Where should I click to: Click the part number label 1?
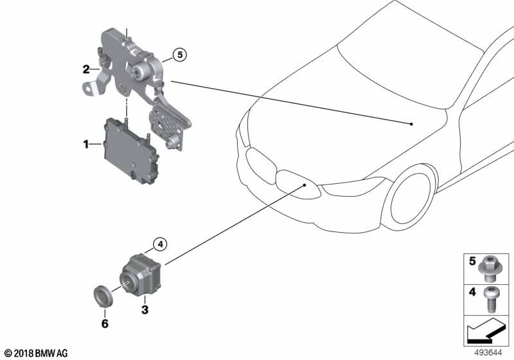click(x=86, y=144)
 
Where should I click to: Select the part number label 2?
click(x=86, y=69)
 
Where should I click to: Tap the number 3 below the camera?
click(x=145, y=309)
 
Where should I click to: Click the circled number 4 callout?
click(x=160, y=244)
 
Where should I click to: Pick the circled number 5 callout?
click(x=180, y=55)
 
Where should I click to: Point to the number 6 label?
click(x=105, y=323)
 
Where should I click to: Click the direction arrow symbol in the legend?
click(x=486, y=330)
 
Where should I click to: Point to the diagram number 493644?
click(x=488, y=353)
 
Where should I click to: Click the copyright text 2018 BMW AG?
click(x=37, y=353)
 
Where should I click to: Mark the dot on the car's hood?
click(x=411, y=124)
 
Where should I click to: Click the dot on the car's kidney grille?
click(x=305, y=185)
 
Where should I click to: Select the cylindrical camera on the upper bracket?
click(x=140, y=71)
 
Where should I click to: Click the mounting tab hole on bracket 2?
click(x=89, y=87)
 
